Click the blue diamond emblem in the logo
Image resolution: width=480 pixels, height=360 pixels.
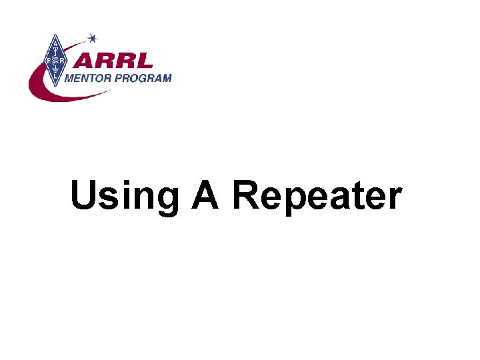pyautogui.click(x=53, y=61)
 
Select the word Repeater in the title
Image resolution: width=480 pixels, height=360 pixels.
pyautogui.click(x=317, y=197)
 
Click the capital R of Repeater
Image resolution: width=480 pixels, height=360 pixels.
pyautogui.click(x=245, y=196)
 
